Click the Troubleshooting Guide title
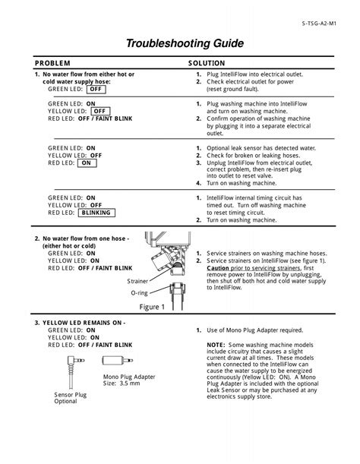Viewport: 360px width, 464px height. click(180, 44)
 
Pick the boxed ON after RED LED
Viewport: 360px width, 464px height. click(86, 163)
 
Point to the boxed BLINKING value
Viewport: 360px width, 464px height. click(99, 214)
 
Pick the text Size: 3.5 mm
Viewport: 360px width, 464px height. click(121, 384)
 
